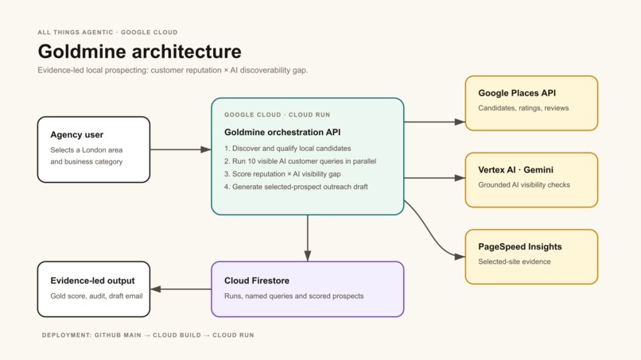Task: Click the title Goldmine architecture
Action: [x=139, y=52]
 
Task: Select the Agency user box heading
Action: [x=77, y=135]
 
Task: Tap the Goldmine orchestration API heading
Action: [x=282, y=133]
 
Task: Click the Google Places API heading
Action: [x=517, y=93]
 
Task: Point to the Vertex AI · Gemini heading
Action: [x=515, y=170]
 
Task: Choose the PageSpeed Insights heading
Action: [x=519, y=247]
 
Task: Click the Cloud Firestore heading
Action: [x=257, y=281]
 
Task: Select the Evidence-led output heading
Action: [x=92, y=281]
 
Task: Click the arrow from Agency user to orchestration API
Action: [x=181, y=149]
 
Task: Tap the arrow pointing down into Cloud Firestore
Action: [x=308, y=238]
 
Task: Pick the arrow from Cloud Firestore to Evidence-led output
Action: [x=181, y=289]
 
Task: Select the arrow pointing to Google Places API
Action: [x=434, y=122]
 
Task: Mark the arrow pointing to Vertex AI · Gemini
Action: [x=434, y=178]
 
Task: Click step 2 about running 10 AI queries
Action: [x=300, y=161]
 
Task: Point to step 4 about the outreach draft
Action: [x=296, y=187]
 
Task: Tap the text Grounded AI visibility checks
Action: [x=524, y=184]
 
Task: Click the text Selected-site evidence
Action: [x=515, y=261]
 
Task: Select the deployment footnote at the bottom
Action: [x=148, y=335]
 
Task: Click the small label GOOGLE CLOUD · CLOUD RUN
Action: [x=278, y=114]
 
